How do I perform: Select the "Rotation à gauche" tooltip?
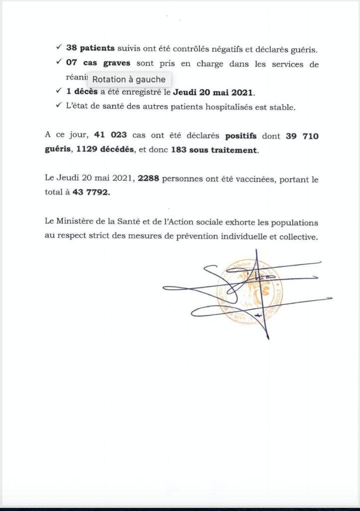tap(129, 79)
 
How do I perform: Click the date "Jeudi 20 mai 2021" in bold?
tap(213, 92)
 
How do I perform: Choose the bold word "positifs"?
tap(243, 135)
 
